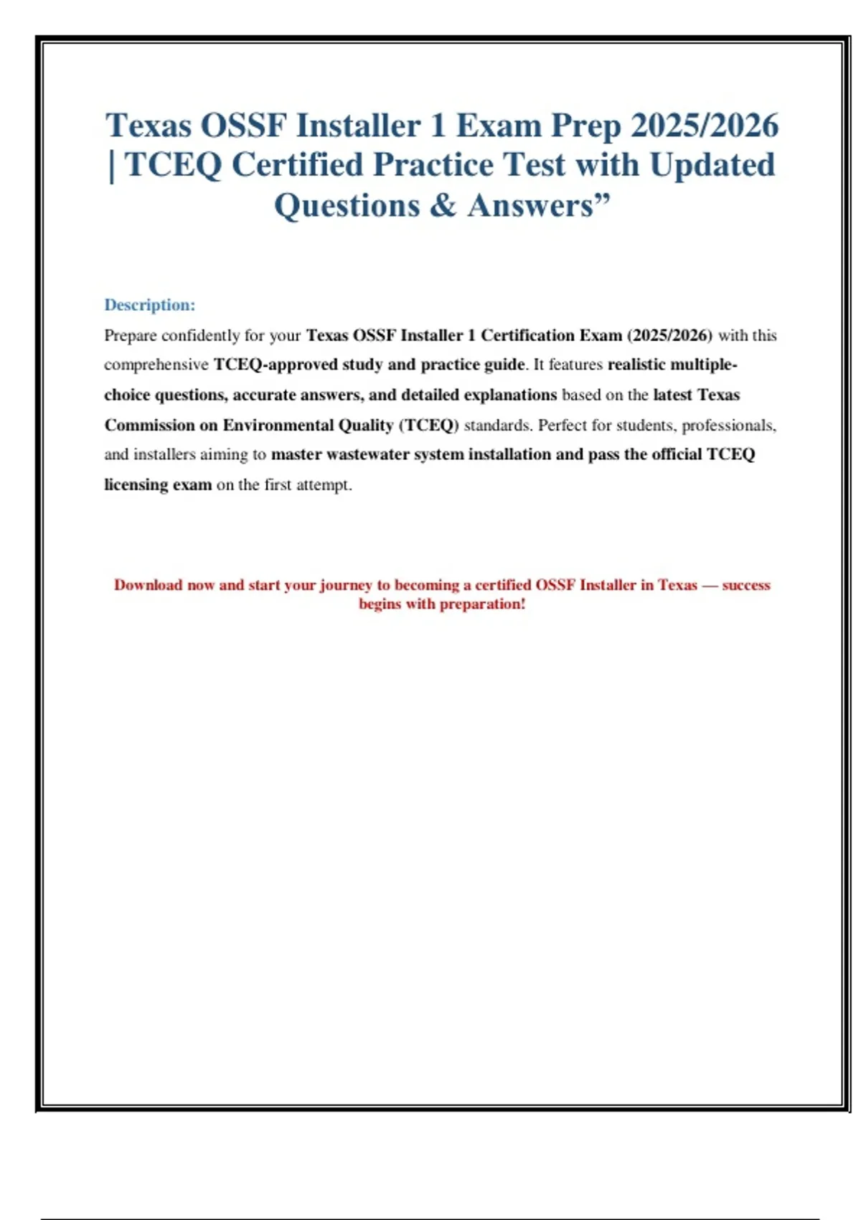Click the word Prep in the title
(585, 126)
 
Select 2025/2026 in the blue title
(705, 126)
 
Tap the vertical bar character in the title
(111, 166)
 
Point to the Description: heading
(149, 305)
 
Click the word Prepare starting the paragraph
(130, 336)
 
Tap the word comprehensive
(156, 365)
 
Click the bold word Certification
(527, 335)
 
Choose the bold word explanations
(510, 395)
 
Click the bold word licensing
(136, 485)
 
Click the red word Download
(148, 585)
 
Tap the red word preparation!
(482, 604)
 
